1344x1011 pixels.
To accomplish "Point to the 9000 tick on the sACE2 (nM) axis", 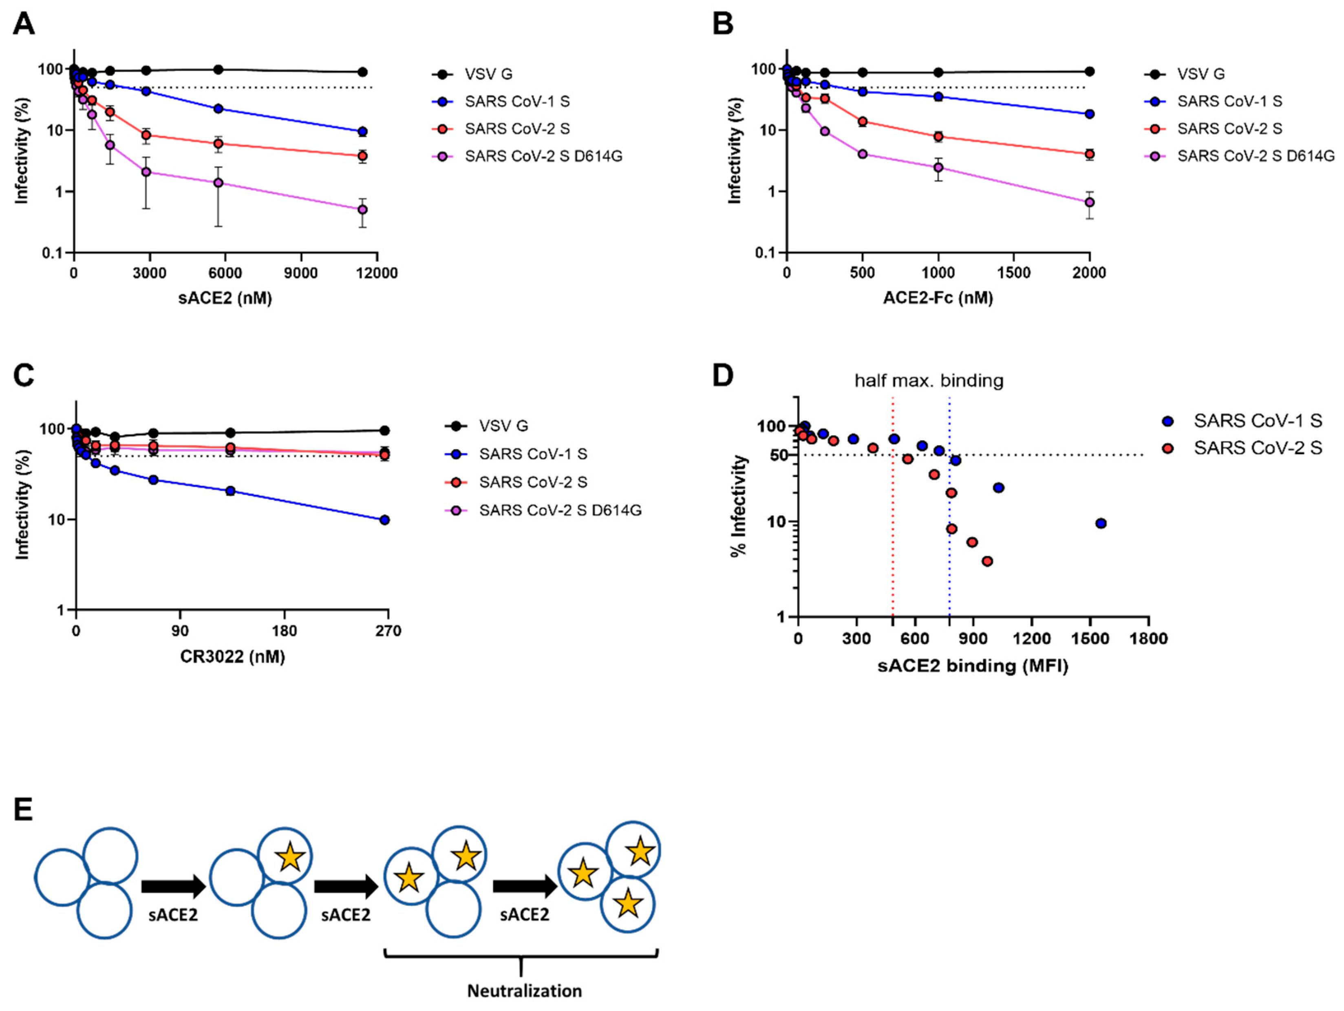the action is coord(301,273).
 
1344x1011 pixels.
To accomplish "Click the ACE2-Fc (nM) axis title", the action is coord(938,298).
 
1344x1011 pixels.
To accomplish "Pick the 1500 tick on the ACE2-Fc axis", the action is coord(1014,273).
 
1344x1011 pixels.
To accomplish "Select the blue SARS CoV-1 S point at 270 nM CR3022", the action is coord(384,520).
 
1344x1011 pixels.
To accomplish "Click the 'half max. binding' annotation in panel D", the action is coord(929,381).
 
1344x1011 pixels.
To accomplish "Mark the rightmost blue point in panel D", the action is coord(1100,523).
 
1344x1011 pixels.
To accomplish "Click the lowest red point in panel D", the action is coord(987,561).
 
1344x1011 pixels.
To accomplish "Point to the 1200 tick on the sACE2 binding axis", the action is coord(1032,639).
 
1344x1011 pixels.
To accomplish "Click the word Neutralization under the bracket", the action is coord(524,991).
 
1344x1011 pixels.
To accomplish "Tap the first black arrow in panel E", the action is coord(174,887).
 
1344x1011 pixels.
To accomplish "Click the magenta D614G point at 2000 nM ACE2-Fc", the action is coord(1089,202).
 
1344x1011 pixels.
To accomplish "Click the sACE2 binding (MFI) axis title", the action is coord(973,666).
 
